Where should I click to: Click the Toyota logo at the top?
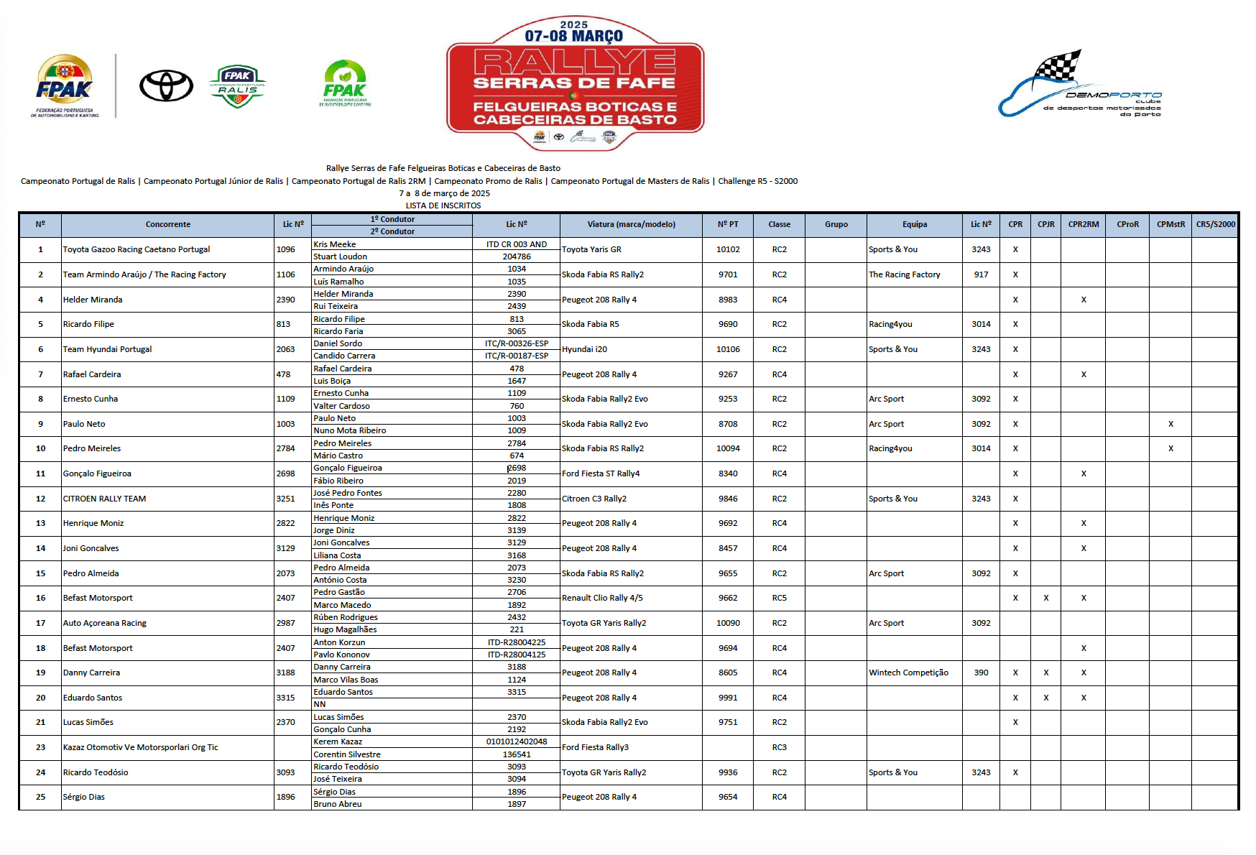pyautogui.click(x=166, y=86)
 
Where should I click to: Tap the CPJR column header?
pyautogui.click(x=1045, y=224)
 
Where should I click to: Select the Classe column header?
pyautogui.click(x=779, y=224)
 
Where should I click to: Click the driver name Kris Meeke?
pyautogui.click(x=335, y=244)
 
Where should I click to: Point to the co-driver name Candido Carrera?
pyautogui.click(x=344, y=356)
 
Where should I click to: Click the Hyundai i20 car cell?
pyautogui.click(x=584, y=349)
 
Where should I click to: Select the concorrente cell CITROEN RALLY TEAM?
pyautogui.click(x=104, y=499)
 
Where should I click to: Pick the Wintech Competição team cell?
pyautogui.click(x=908, y=673)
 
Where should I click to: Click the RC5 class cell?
pyautogui.click(x=779, y=598)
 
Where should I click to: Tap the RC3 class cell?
pyautogui.click(x=779, y=747)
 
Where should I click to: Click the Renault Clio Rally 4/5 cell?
pyautogui.click(x=602, y=598)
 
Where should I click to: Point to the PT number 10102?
pyautogui.click(x=728, y=249)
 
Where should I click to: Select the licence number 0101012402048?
pyautogui.click(x=517, y=741)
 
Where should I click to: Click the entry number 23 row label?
pyautogui.click(x=40, y=747)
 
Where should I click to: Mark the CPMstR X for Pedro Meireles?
pyautogui.click(x=1170, y=448)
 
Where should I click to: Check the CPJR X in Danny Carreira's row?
pyautogui.click(x=1045, y=673)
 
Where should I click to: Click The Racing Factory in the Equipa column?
pyautogui.click(x=904, y=274)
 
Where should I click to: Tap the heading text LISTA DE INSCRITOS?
pyautogui.click(x=443, y=205)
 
